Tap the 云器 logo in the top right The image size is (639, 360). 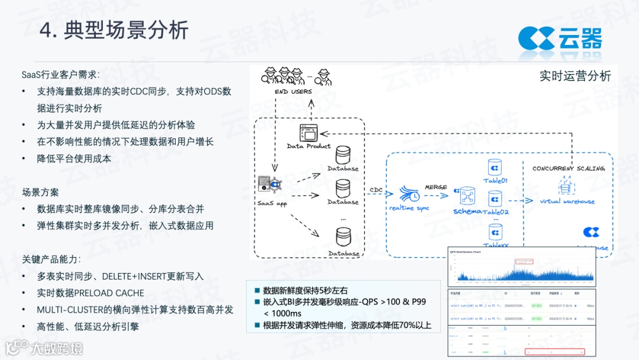(x=560, y=38)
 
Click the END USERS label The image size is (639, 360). (x=293, y=92)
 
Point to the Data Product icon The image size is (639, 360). (x=308, y=133)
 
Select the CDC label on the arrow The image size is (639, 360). (x=376, y=190)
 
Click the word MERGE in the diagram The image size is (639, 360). (x=436, y=187)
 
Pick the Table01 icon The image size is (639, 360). (x=495, y=167)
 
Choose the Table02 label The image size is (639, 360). (x=496, y=212)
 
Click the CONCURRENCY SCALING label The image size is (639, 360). (x=568, y=168)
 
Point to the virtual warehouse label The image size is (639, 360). (x=567, y=201)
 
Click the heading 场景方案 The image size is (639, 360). (x=41, y=192)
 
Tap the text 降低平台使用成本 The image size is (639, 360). (x=74, y=159)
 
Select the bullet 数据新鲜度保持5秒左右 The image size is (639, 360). (x=305, y=291)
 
